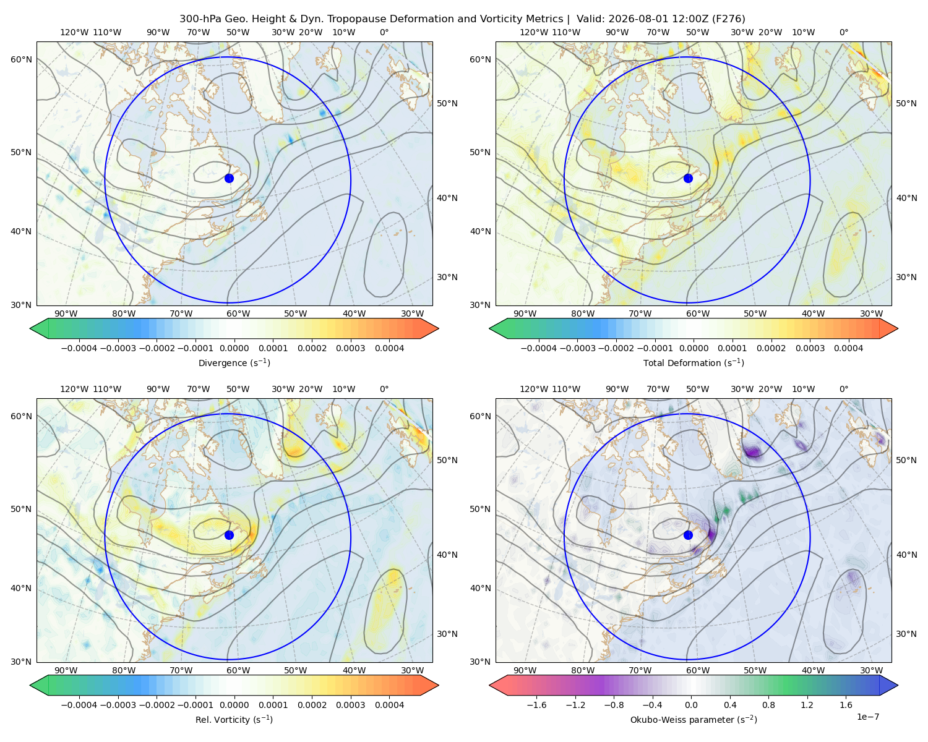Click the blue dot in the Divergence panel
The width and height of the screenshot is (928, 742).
tap(229, 178)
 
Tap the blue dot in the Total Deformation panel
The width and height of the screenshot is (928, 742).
tap(688, 178)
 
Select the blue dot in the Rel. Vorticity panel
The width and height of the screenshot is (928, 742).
tap(229, 535)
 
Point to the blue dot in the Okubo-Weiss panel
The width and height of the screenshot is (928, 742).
tap(688, 535)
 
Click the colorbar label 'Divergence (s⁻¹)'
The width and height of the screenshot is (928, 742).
tap(234, 362)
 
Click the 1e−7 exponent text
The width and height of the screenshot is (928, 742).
tap(867, 717)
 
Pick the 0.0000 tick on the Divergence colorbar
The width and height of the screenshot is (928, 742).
tap(234, 348)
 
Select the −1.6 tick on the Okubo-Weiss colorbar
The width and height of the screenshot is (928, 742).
tap(537, 705)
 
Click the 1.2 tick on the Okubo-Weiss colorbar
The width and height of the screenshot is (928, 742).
tap(807, 705)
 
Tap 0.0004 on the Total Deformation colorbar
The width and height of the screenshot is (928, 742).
tap(848, 348)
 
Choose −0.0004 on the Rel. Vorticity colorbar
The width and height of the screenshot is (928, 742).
tap(79, 705)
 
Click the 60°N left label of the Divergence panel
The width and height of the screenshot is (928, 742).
tap(21, 59)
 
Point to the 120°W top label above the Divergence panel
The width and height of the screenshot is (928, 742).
tap(74, 32)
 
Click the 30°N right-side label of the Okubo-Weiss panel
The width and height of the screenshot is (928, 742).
tap(906, 634)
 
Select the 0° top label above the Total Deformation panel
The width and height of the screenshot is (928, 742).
tap(843, 32)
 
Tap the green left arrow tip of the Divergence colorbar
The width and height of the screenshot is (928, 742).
tap(30, 328)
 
